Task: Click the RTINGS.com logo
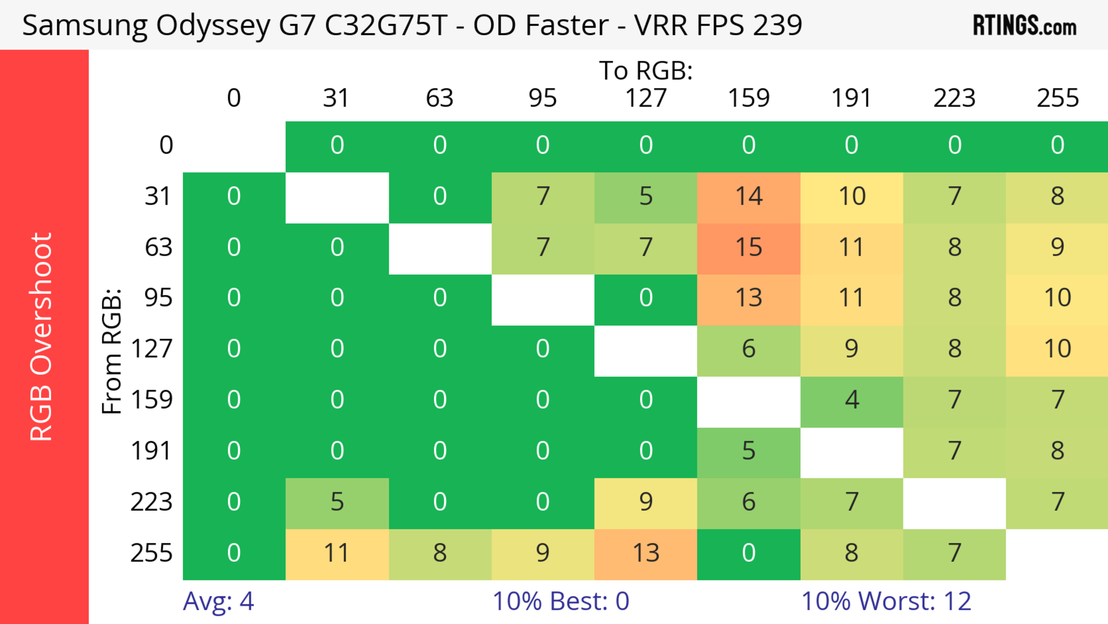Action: tap(1025, 25)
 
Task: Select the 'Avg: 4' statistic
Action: tap(218, 601)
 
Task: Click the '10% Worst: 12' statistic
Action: tap(886, 601)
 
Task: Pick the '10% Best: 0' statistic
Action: tap(560, 601)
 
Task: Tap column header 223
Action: tap(954, 98)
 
